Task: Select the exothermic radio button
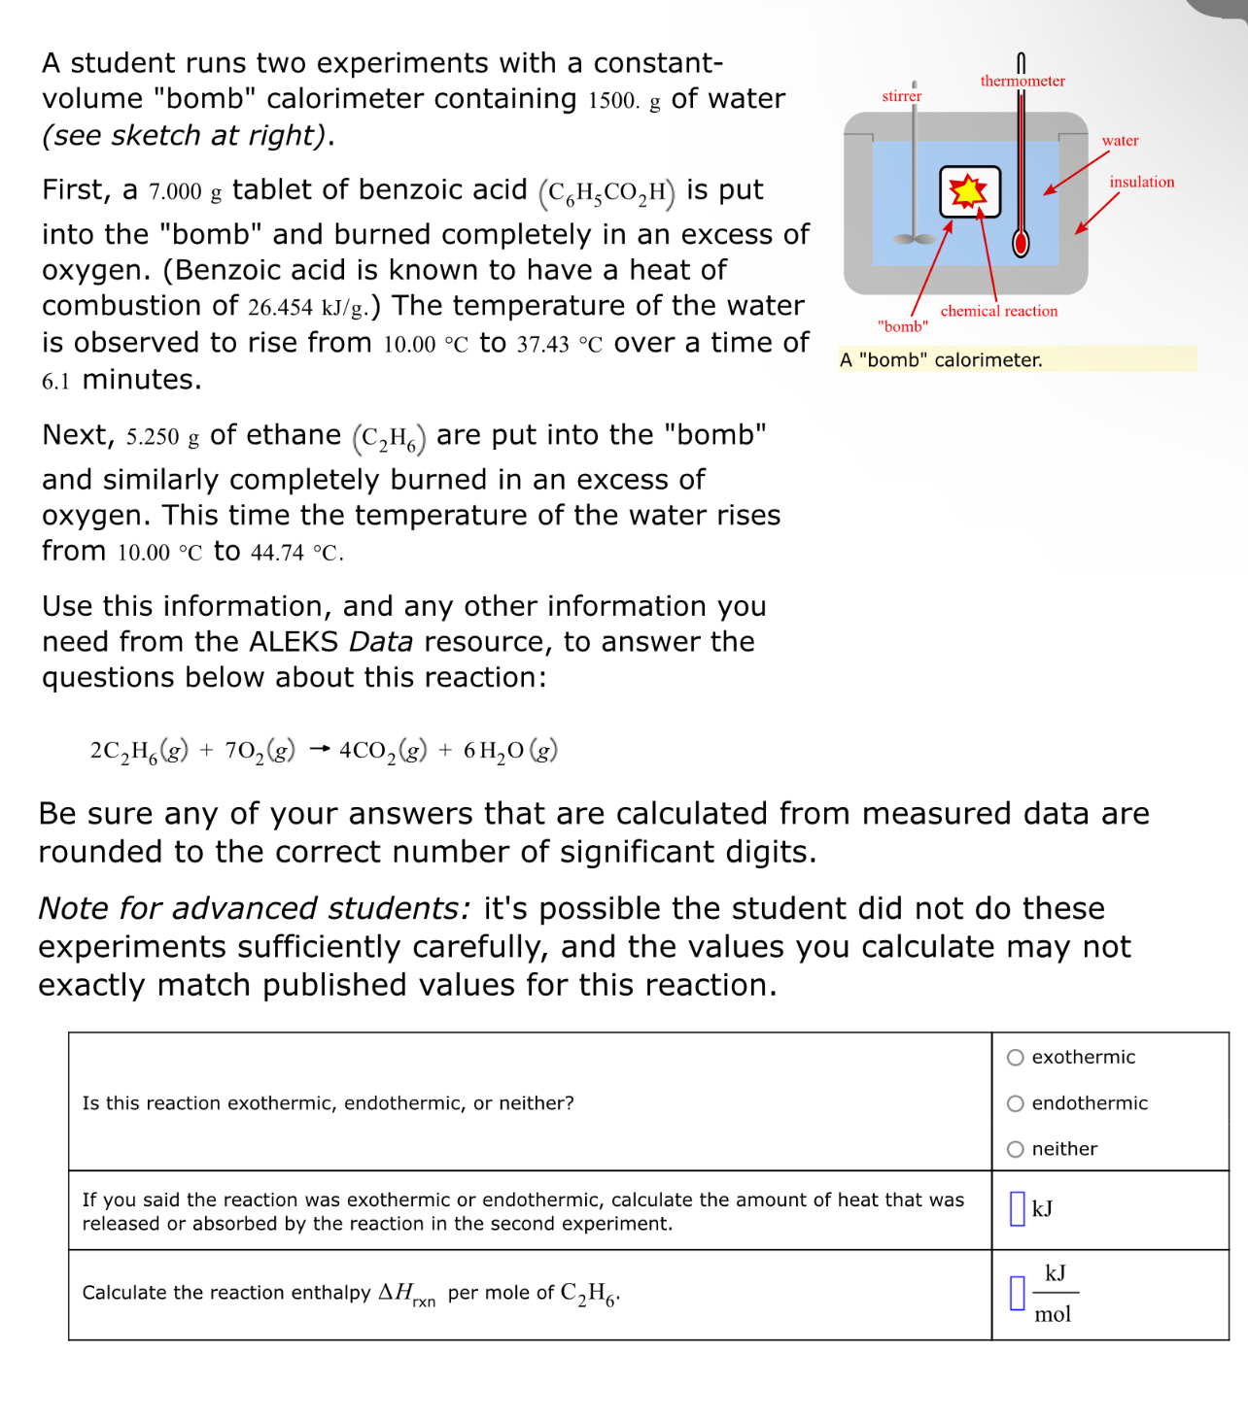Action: (1016, 1058)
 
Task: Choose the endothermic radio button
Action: (1016, 1103)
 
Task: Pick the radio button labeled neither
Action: (1016, 1149)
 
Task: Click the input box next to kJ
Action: (1017, 1209)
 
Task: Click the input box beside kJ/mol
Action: (1017, 1293)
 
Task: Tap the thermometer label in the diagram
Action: (1022, 82)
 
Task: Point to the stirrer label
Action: (901, 96)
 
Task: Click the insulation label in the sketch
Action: (1141, 183)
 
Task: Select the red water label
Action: (1120, 141)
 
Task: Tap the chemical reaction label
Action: (998, 311)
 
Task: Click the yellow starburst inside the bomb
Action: (968, 191)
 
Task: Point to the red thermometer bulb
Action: (1021, 243)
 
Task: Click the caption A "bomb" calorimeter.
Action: (941, 360)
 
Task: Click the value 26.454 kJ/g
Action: (306, 308)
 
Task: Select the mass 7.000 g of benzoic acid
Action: (185, 191)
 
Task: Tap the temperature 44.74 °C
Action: (295, 553)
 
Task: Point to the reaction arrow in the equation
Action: (320, 750)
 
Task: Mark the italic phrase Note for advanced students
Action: (254, 908)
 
